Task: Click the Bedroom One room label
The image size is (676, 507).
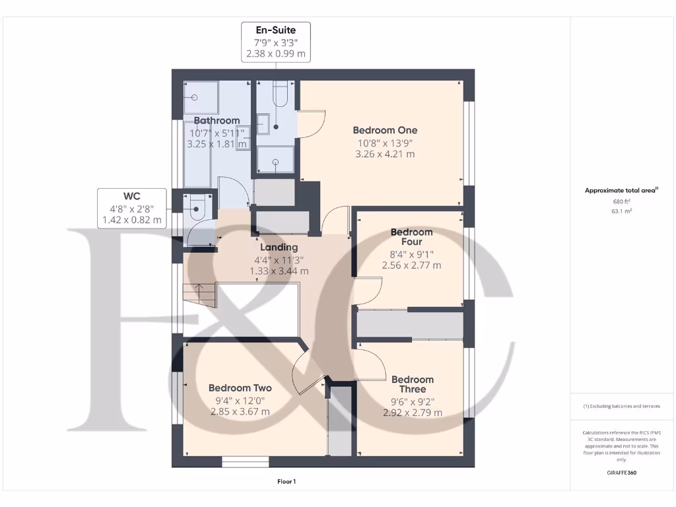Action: (385, 130)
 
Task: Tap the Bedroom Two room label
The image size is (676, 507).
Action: (240, 388)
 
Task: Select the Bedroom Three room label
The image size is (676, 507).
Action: (413, 384)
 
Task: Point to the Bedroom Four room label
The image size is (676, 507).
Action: (411, 237)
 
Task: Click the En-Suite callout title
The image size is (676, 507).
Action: (275, 30)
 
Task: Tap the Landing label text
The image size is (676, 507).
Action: (279, 248)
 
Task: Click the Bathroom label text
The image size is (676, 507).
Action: (217, 121)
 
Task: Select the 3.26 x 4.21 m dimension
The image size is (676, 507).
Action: (385, 154)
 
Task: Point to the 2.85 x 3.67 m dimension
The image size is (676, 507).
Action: (240, 412)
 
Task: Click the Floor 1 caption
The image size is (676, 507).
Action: (287, 482)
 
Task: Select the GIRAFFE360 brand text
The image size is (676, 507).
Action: (621, 473)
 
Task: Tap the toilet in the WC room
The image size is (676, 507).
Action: (196, 212)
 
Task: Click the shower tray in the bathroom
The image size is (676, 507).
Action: (195, 97)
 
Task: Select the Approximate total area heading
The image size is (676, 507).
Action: (621, 190)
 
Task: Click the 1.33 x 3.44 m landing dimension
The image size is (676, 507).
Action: (279, 271)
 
